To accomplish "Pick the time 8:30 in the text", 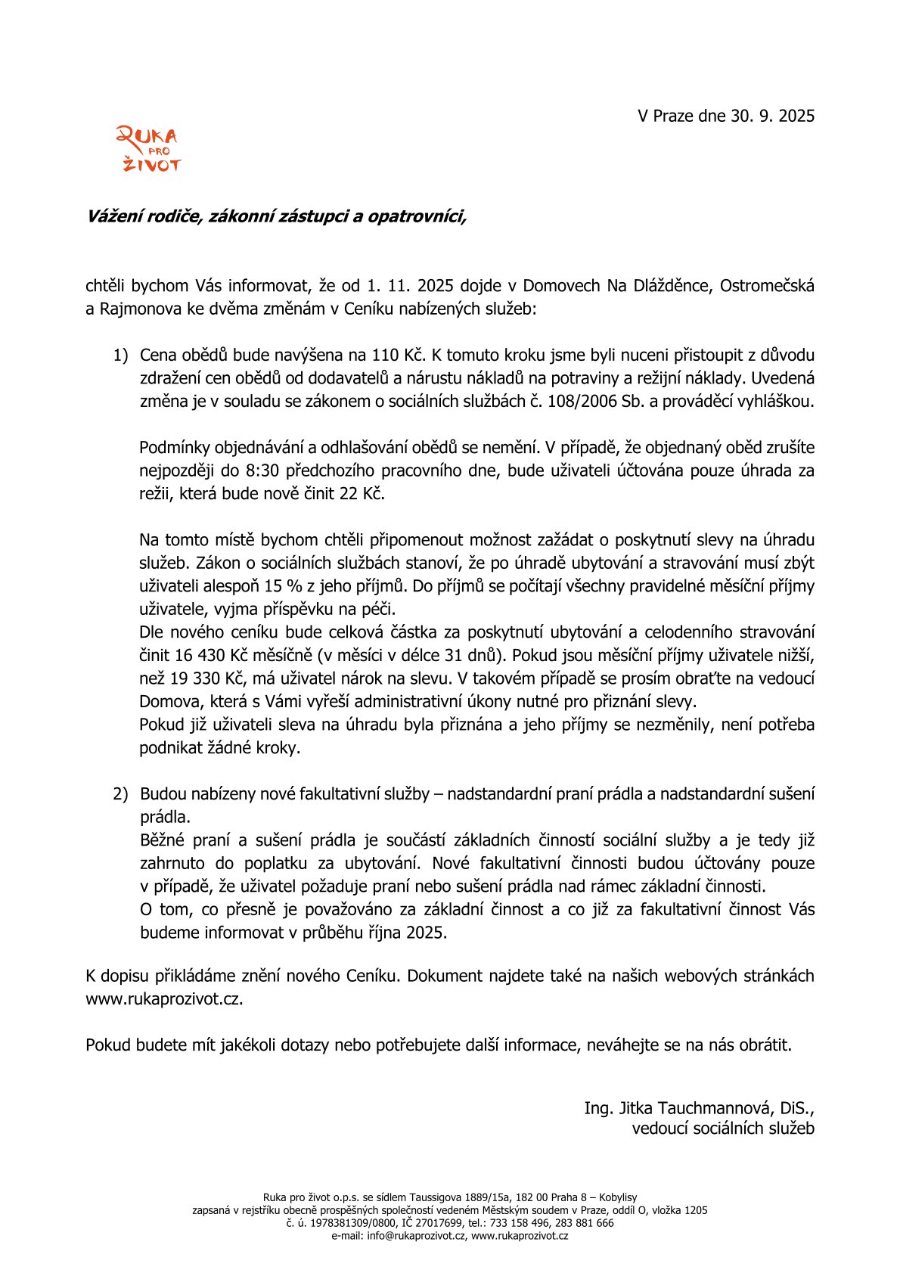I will pos(262,470).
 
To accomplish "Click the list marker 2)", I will pos(121,794).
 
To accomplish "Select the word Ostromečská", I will pos(767,286).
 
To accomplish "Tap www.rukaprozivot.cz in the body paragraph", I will pos(164,998).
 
